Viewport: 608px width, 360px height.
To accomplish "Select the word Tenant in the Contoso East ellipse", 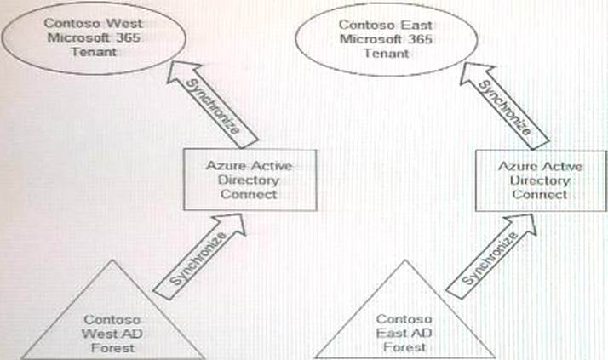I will [x=383, y=54].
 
